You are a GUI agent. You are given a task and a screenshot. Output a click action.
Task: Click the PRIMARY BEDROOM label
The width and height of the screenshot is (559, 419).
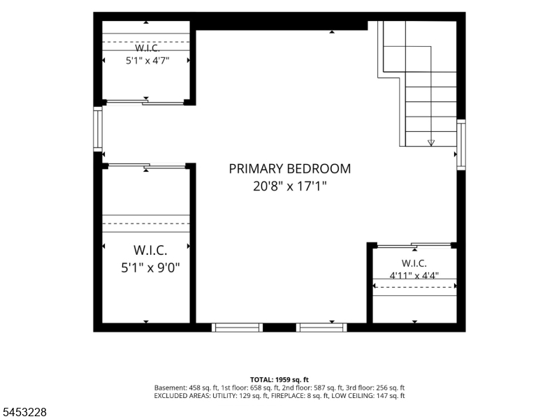(289, 168)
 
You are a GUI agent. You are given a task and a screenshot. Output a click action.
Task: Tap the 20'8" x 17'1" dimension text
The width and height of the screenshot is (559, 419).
(289, 186)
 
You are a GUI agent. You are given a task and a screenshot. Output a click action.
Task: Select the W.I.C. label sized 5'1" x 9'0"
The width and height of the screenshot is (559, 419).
(150, 250)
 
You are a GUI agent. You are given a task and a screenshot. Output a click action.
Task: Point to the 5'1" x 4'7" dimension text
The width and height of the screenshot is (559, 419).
(147, 61)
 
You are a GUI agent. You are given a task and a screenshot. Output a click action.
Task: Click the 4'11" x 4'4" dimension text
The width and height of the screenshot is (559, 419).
(414, 275)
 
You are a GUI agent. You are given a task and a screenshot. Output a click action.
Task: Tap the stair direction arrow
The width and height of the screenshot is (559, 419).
(431, 143)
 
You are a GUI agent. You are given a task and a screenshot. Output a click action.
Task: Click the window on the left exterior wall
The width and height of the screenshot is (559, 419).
(98, 128)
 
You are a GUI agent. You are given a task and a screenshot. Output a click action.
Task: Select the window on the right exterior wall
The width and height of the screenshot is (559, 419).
(461, 145)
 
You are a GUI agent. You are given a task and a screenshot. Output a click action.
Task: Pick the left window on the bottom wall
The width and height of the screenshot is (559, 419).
(237, 328)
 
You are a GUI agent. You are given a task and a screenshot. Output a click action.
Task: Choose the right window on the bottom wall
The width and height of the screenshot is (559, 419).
(321, 328)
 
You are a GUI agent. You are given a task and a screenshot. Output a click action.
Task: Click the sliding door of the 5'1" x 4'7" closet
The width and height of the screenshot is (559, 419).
(145, 103)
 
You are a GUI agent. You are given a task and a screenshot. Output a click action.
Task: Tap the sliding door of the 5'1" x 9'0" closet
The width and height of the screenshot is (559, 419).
(147, 166)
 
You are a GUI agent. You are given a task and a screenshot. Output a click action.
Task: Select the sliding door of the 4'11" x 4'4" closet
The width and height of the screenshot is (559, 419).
(414, 245)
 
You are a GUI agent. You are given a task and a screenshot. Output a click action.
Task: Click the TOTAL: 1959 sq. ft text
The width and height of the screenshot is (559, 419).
(279, 379)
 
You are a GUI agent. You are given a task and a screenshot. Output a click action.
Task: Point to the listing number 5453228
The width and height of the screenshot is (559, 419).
(23, 412)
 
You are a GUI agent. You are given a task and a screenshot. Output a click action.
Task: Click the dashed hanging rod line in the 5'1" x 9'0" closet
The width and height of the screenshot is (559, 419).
(146, 223)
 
